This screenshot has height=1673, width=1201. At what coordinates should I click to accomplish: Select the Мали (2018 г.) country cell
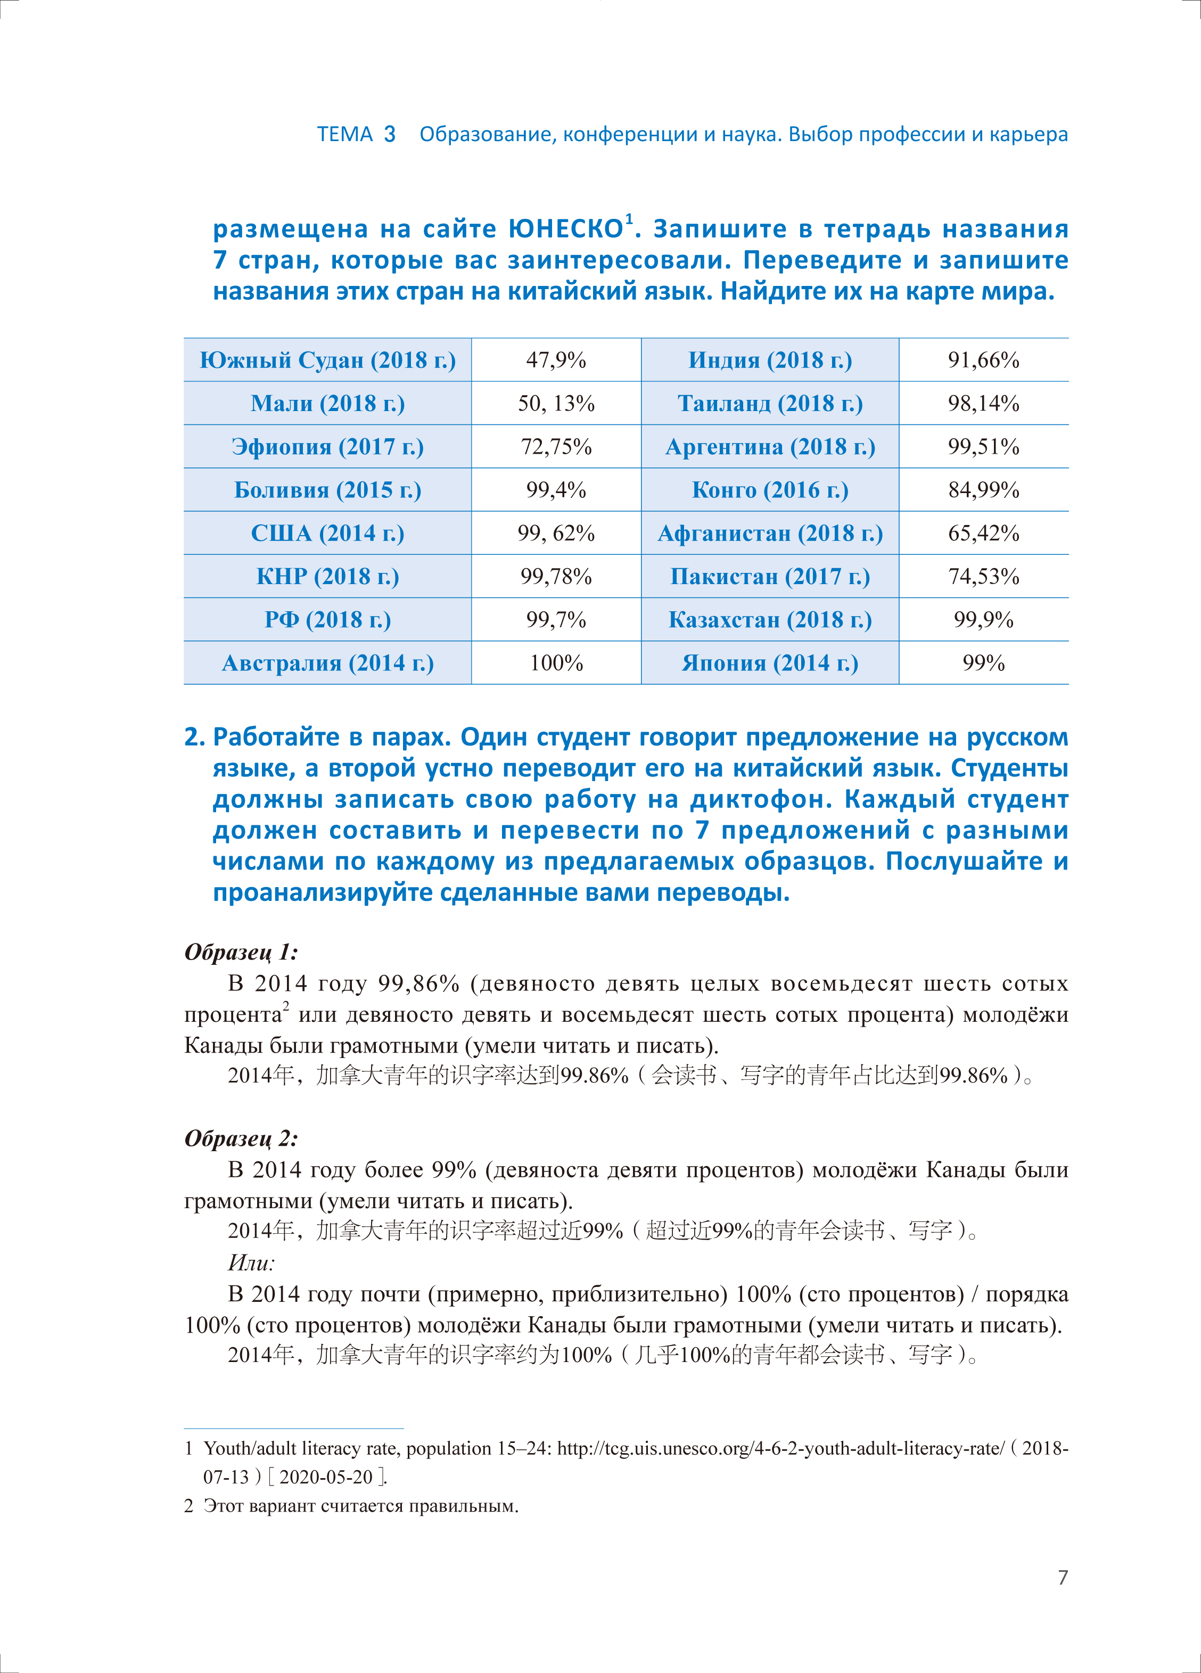click(327, 404)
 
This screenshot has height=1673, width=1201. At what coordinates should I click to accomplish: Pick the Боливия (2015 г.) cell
click(327, 490)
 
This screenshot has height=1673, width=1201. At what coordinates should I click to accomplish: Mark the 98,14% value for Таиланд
click(983, 404)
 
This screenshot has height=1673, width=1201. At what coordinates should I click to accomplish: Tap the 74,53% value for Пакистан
click(983, 576)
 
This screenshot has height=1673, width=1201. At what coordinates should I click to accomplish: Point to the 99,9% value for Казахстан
click(983, 620)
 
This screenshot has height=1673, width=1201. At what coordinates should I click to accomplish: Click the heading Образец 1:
click(241, 953)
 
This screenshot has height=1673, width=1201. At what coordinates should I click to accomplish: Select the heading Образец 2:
click(241, 1139)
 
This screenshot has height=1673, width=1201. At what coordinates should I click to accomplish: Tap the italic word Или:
click(251, 1263)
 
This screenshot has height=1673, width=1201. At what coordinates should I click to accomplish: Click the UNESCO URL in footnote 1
click(780, 1448)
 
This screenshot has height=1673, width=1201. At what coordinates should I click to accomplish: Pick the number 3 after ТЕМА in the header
click(390, 134)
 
